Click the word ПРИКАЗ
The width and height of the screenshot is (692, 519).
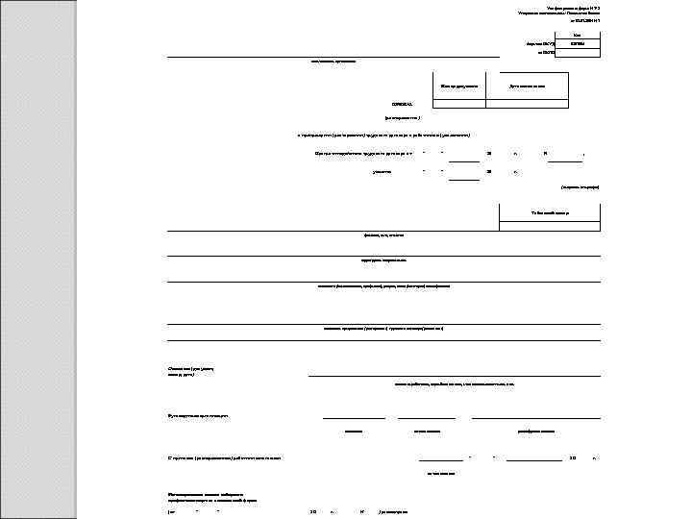pos(402,104)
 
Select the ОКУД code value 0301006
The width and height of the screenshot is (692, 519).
pos(577,44)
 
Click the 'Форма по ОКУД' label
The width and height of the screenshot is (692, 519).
pos(539,44)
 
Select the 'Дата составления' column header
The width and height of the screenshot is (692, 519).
pos(527,86)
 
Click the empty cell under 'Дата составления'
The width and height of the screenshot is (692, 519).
pos(527,103)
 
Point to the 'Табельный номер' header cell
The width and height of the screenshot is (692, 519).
pos(550,212)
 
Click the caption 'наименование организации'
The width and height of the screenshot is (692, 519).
pos(333,62)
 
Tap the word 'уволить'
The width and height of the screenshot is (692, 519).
pos(383,172)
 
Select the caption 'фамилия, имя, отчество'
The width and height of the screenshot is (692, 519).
pos(383,235)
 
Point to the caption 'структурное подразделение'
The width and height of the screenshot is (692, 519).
pos(383,259)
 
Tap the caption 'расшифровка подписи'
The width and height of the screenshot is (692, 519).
pos(535,432)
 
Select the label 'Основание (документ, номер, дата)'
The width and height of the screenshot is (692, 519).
pos(188,370)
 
